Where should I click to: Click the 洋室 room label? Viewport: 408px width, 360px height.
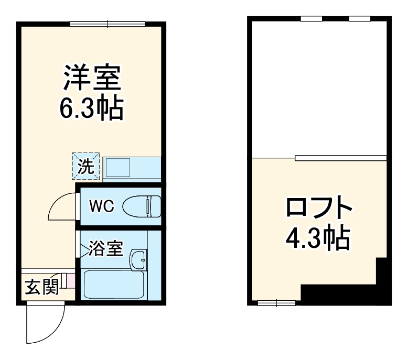92,78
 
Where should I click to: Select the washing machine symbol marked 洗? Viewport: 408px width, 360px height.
85,166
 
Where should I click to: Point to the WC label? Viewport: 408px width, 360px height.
101,206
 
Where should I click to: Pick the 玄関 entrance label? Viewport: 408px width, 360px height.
41,287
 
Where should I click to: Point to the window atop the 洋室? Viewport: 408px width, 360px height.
107,23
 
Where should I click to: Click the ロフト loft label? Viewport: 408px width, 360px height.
318,208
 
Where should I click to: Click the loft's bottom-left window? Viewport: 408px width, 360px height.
276,302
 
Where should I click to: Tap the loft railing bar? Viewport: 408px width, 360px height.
341,158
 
